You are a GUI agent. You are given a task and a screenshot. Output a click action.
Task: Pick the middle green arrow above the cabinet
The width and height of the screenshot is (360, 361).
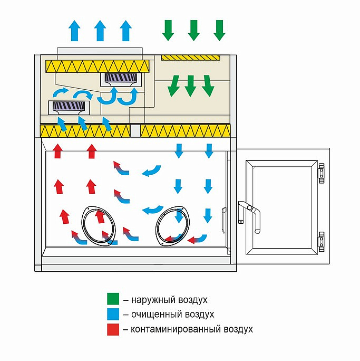[193, 30]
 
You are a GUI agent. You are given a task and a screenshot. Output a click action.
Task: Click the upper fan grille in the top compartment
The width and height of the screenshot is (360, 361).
[121, 79]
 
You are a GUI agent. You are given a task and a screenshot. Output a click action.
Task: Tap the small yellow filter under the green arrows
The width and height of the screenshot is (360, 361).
[191, 56]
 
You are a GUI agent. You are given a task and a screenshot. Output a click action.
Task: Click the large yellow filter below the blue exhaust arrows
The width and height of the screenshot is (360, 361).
[98, 66]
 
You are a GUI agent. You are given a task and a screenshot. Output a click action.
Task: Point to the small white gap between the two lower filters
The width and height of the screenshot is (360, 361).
[135, 130]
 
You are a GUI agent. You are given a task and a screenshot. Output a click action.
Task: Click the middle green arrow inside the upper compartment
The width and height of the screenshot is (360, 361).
[191, 85]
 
